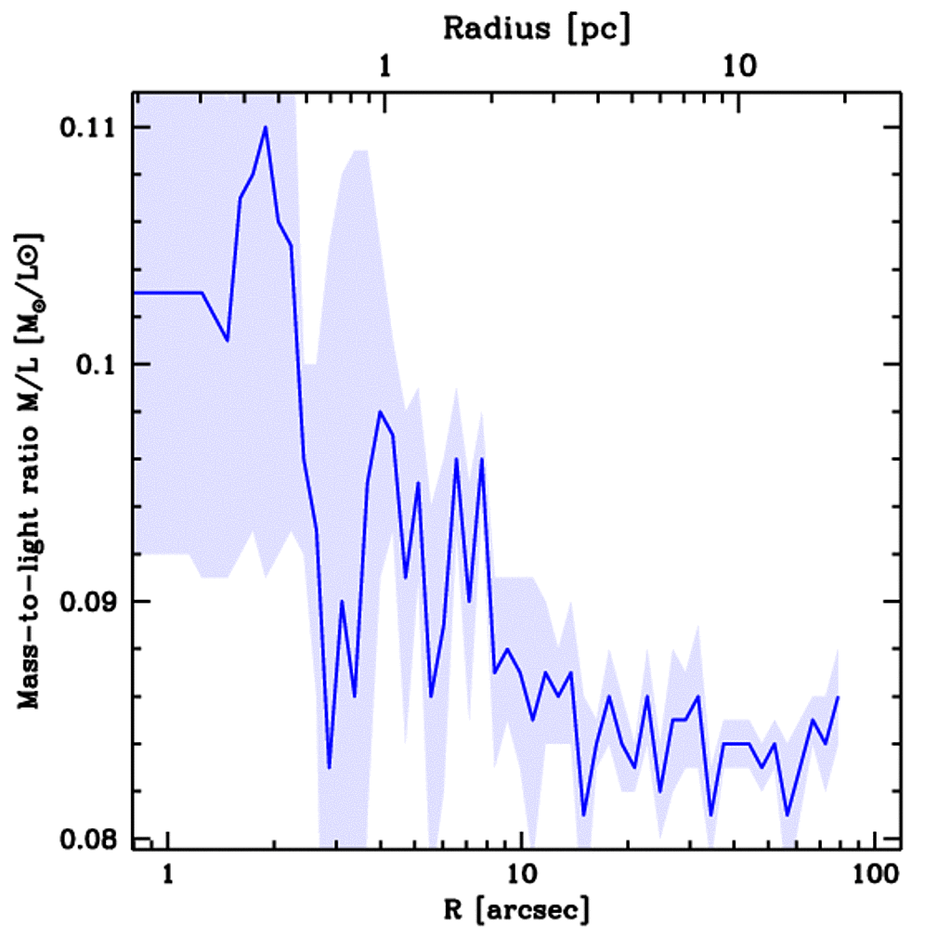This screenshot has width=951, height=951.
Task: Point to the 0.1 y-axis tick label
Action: tap(99, 365)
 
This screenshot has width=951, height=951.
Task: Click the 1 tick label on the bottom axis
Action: tap(168, 876)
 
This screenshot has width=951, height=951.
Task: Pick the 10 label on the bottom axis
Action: tap(522, 876)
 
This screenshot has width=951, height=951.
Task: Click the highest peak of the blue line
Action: tap(266, 127)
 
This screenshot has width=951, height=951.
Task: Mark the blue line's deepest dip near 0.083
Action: tap(329, 767)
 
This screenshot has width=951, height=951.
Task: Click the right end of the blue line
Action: tap(838, 697)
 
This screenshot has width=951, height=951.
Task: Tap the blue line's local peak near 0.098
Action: tap(380, 411)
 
